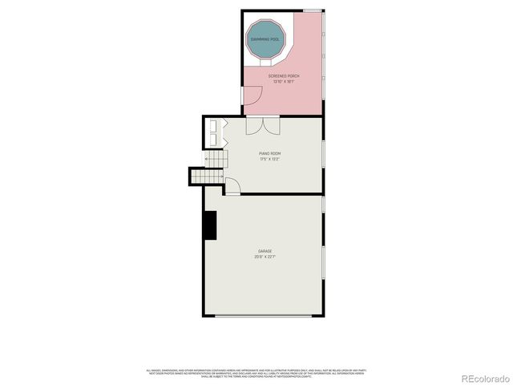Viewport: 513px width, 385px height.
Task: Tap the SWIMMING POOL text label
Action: pyautogui.click(x=265, y=38)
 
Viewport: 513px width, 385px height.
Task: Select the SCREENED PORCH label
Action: pyautogui.click(x=283, y=76)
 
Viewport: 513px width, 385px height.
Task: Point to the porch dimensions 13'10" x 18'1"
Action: pyautogui.click(x=283, y=82)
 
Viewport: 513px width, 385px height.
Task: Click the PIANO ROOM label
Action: pyautogui.click(x=269, y=153)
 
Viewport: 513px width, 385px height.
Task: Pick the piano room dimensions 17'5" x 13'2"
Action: pyautogui.click(x=269, y=159)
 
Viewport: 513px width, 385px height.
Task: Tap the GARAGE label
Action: pyautogui.click(x=265, y=251)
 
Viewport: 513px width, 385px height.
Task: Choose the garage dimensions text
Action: pyautogui.click(x=265, y=257)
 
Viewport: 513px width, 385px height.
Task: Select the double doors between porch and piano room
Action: pyautogui.click(x=262, y=126)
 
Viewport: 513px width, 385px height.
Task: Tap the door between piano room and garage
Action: pyautogui.click(x=232, y=187)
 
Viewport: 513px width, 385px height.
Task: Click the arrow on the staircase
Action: pyautogui.click(x=210, y=160)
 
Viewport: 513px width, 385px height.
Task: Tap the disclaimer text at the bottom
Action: pyautogui.click(x=256, y=373)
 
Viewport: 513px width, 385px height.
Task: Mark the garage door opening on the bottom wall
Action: pyautogui.click(x=265, y=316)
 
